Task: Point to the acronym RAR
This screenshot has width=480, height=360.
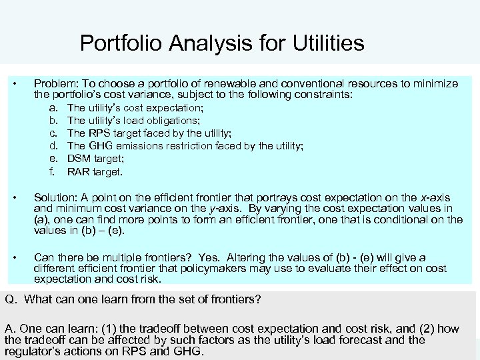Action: click(79, 172)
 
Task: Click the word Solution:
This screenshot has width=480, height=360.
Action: click(55, 199)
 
